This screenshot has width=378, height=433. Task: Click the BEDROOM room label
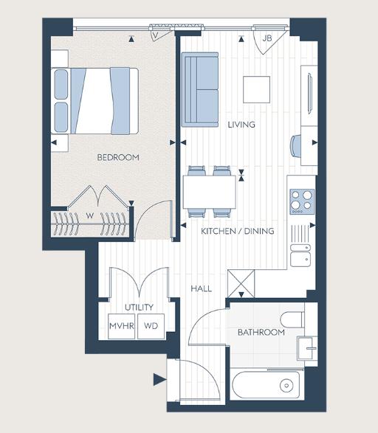click(x=117, y=157)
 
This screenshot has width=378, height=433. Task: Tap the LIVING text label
click(x=241, y=125)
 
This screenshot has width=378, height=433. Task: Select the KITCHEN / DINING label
click(x=238, y=231)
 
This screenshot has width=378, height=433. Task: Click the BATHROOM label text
click(x=261, y=333)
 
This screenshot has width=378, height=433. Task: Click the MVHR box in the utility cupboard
click(x=120, y=325)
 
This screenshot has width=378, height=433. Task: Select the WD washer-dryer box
click(x=151, y=325)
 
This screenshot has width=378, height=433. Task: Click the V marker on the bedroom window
click(x=156, y=35)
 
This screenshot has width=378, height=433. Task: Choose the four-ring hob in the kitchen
click(x=301, y=199)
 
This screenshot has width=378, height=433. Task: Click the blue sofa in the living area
click(x=200, y=89)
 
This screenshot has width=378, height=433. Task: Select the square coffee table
click(x=258, y=89)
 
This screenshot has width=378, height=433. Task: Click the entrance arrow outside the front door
click(x=159, y=381)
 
